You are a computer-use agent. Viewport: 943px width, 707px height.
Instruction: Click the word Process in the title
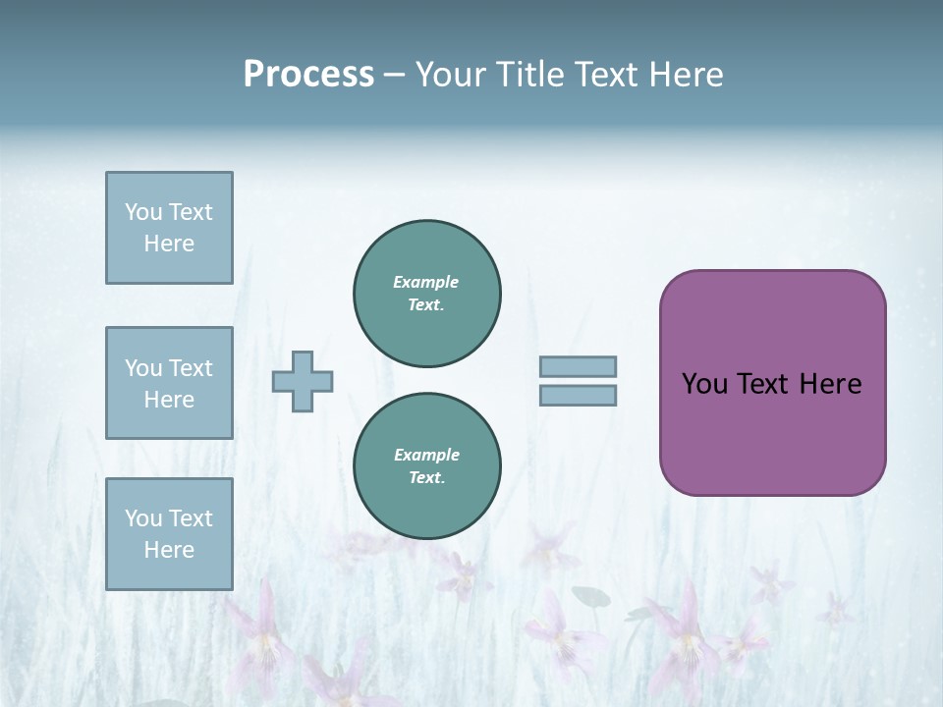(x=308, y=75)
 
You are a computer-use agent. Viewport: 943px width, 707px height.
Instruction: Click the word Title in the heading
(x=530, y=75)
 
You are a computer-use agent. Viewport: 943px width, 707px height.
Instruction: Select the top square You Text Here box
(x=169, y=228)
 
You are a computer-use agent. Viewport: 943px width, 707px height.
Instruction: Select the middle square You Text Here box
(x=169, y=383)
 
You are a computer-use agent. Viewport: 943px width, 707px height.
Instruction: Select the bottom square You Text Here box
(x=169, y=534)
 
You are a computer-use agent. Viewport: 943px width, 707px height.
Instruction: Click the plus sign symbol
(x=303, y=381)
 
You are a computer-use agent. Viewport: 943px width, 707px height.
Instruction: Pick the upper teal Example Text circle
(x=427, y=294)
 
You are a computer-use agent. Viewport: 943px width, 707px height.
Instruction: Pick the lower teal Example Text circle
(x=427, y=466)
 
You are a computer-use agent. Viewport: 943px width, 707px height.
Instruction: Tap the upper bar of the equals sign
(x=578, y=367)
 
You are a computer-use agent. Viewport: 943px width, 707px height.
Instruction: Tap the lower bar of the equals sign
(x=578, y=395)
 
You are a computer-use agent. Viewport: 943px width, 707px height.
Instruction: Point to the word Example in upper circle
(x=426, y=282)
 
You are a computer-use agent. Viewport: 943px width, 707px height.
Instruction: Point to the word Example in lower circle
(x=426, y=455)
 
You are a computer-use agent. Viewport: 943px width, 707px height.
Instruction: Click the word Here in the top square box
(x=169, y=244)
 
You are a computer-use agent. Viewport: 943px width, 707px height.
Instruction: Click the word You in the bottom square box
(x=143, y=517)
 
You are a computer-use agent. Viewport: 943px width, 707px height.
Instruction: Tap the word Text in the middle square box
(x=191, y=368)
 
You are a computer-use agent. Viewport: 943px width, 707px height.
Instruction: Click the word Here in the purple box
(x=830, y=384)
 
